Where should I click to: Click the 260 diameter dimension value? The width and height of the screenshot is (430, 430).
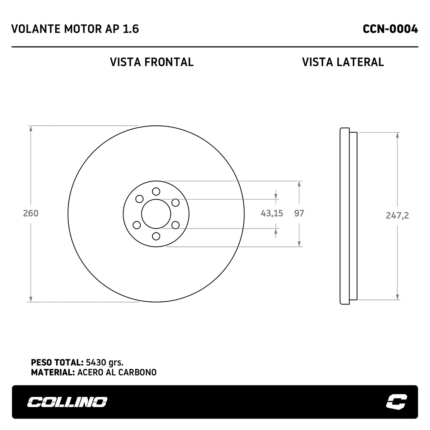coord(31,213)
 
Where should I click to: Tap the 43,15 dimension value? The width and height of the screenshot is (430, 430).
coord(272,213)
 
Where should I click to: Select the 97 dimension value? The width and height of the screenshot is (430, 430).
coord(299,213)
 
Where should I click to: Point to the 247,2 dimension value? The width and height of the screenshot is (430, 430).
coord(397,215)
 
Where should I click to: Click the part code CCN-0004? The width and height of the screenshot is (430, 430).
coord(390,29)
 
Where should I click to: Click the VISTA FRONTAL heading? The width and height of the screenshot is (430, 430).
coord(152,62)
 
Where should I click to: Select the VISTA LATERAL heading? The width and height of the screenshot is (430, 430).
coord(343,62)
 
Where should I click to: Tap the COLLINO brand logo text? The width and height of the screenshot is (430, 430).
coord(67,402)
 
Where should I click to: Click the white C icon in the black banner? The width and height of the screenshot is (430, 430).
coord(397,402)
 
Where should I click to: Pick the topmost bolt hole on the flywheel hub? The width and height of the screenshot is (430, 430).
coord(156,192)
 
